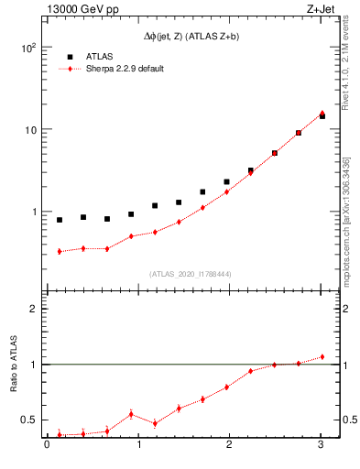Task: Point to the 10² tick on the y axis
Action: pyautogui.click(x=29, y=48)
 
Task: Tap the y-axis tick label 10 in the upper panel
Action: pyautogui.click(x=31, y=130)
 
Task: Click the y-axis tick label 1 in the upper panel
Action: pyautogui.click(x=34, y=212)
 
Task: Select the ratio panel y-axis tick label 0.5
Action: pyautogui.click(x=29, y=420)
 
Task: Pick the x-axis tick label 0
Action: pyautogui.click(x=47, y=445)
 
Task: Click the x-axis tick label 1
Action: pyautogui.click(x=138, y=445)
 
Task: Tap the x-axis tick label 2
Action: pyautogui.click(x=230, y=445)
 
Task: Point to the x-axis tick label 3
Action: pyautogui.click(x=321, y=445)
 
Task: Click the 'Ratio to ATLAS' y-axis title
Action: pyautogui.click(x=13, y=364)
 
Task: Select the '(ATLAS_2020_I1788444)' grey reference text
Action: pyautogui.click(x=189, y=274)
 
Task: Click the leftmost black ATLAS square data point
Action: pyautogui.click(x=60, y=220)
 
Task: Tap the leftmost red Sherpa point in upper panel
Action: pyautogui.click(x=60, y=251)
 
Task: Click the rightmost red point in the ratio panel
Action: pyautogui.click(x=322, y=356)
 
